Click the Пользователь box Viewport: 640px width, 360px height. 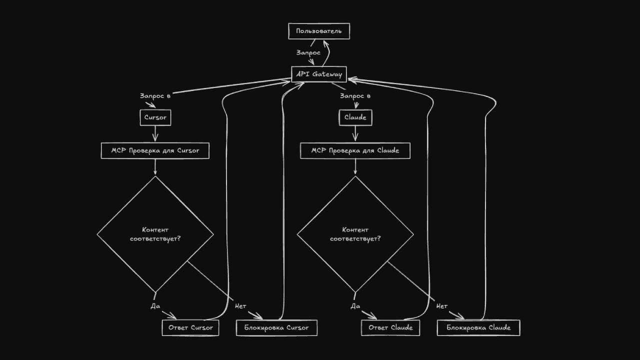click(x=319, y=31)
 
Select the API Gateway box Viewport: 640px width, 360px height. click(x=319, y=74)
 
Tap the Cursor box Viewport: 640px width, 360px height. click(x=155, y=117)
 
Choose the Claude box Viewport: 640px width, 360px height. click(x=355, y=117)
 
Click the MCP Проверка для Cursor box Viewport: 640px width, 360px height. click(x=155, y=150)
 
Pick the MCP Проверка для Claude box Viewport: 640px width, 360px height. click(x=355, y=150)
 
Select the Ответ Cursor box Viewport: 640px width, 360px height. click(x=190, y=327)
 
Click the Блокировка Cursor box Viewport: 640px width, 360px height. click(x=276, y=327)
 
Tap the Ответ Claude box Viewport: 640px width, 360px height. click(x=390, y=327)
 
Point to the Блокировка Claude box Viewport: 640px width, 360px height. click(x=478, y=327)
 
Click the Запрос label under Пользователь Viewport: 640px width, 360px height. click(x=308, y=53)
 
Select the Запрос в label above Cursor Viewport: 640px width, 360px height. click(x=155, y=96)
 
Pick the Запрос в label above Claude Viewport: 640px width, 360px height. click(x=355, y=96)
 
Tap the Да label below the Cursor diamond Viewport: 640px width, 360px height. click(x=155, y=306)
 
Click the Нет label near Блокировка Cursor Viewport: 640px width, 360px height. click(x=240, y=306)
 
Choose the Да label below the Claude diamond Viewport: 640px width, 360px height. click(x=355, y=306)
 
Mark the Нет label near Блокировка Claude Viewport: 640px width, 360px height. click(x=442, y=306)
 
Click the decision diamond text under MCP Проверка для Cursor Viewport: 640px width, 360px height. click(x=155, y=234)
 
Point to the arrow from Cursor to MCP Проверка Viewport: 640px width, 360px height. click(x=155, y=133)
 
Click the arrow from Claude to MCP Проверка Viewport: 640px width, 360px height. click(x=355, y=133)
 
